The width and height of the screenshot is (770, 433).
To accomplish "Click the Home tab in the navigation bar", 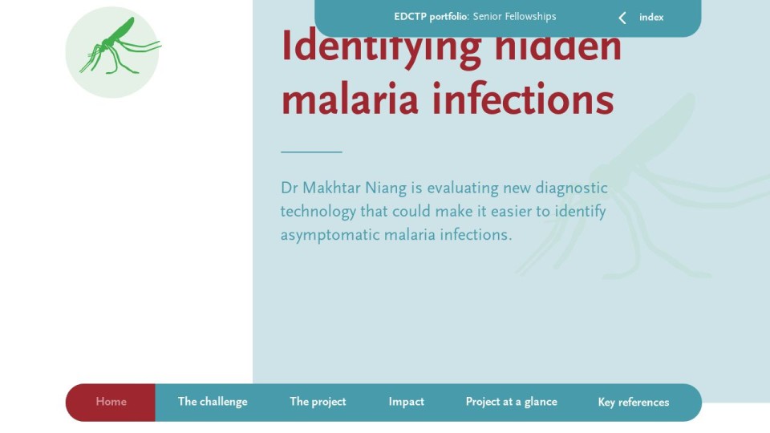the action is [x=111, y=402].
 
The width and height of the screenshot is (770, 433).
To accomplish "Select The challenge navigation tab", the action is [x=213, y=402].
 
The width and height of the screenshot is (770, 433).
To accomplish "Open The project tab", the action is [x=318, y=402].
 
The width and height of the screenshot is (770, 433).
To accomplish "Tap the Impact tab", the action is [x=406, y=402].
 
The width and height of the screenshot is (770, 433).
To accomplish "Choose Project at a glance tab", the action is [x=511, y=402].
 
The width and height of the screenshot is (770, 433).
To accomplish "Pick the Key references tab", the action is [x=634, y=403].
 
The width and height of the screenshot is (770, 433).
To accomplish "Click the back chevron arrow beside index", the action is [x=622, y=18].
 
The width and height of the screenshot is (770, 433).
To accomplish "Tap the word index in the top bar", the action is [x=651, y=18].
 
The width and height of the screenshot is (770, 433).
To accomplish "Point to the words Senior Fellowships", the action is [x=514, y=17].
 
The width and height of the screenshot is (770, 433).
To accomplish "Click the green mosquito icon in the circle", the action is [x=120, y=47].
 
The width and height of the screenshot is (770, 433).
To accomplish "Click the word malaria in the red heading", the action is [x=350, y=99].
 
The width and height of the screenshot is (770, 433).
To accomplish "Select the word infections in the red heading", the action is [x=523, y=99].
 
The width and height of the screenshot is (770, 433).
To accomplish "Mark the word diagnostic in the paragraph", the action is [x=572, y=188].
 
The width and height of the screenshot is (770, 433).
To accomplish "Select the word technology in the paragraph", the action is [x=318, y=212].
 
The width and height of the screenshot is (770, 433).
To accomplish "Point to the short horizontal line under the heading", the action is [x=311, y=152].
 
